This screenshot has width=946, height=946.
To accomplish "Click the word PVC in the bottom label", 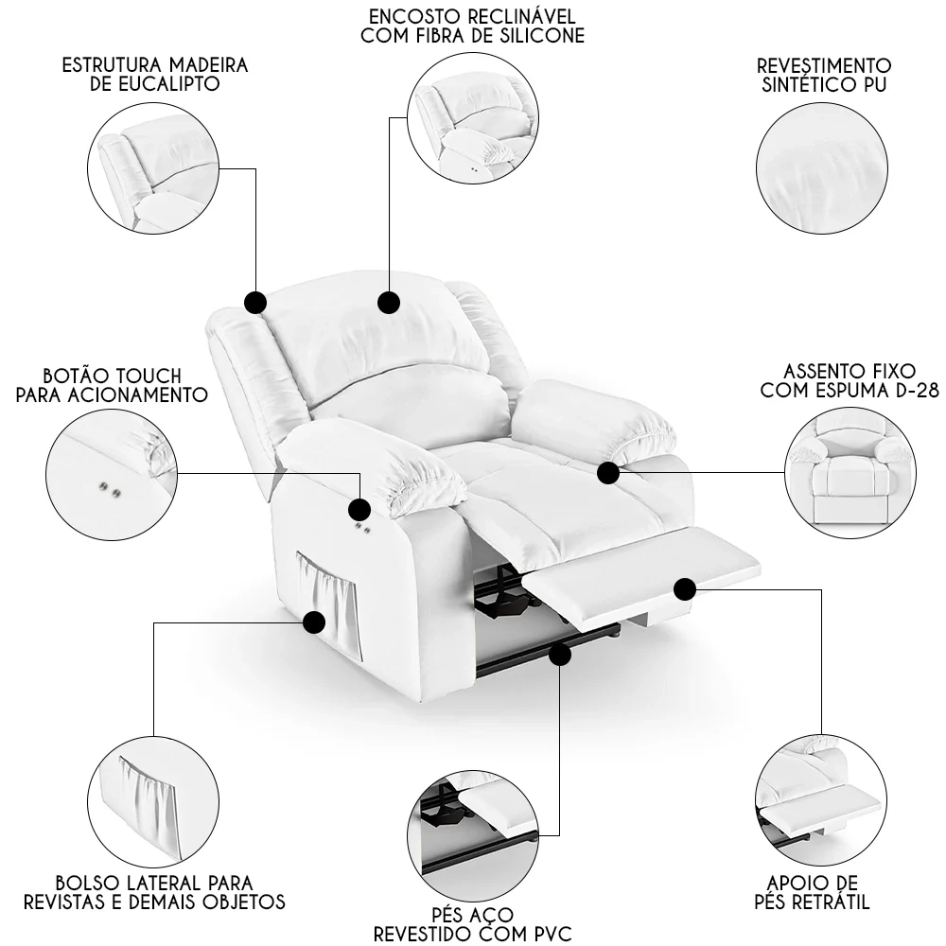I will pos(552,935).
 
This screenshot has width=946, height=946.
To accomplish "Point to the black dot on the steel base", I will pos(560,654).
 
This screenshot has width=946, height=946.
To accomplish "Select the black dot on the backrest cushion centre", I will pos(388,302).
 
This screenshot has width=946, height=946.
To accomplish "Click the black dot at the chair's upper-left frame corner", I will pos(255,303).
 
